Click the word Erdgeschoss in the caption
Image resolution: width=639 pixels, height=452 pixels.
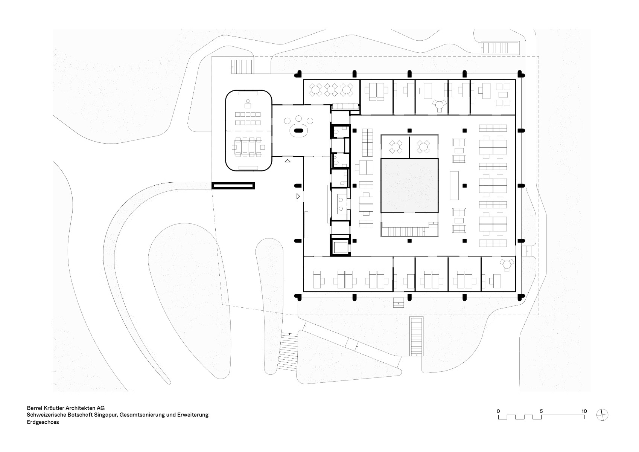43,422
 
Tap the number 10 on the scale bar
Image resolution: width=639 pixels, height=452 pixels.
584,411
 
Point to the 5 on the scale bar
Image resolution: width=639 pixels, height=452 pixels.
541,411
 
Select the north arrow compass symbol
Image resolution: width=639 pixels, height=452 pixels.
602,415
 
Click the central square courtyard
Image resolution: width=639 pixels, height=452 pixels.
409,186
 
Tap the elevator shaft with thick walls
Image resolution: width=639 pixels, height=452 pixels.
341,246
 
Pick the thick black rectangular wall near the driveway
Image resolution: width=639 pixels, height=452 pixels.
233,185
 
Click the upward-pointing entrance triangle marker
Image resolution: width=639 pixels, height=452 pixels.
288,161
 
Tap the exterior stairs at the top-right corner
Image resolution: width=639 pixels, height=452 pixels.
501,48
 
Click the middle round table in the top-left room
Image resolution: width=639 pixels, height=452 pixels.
330,90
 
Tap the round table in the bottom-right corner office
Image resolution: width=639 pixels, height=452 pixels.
507,264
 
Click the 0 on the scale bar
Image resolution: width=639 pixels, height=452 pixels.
498,411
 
